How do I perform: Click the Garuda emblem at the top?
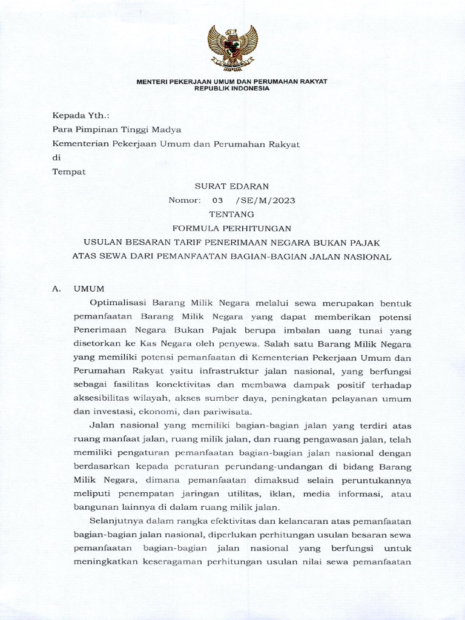point(232,48)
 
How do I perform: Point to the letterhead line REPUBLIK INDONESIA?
point(232,88)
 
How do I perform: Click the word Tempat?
point(69,171)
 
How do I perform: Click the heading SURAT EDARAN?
point(232,186)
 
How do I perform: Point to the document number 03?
point(217,200)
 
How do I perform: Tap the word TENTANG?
point(232,214)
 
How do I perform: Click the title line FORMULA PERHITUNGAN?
point(232,228)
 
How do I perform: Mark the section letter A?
point(56,289)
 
